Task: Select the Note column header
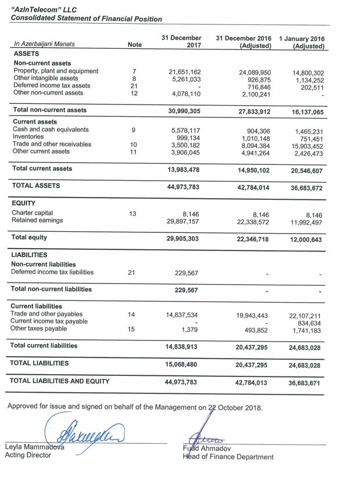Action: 134,44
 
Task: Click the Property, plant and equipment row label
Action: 56,71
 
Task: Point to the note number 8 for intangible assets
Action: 134,79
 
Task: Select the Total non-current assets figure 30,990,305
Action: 185,110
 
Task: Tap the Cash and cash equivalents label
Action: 51,130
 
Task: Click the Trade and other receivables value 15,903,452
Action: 308,147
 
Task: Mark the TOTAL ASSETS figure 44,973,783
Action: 185,188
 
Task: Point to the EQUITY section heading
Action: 24,204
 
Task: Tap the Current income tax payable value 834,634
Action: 312,324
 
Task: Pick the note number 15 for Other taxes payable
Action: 134,329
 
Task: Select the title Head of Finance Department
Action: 228,457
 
